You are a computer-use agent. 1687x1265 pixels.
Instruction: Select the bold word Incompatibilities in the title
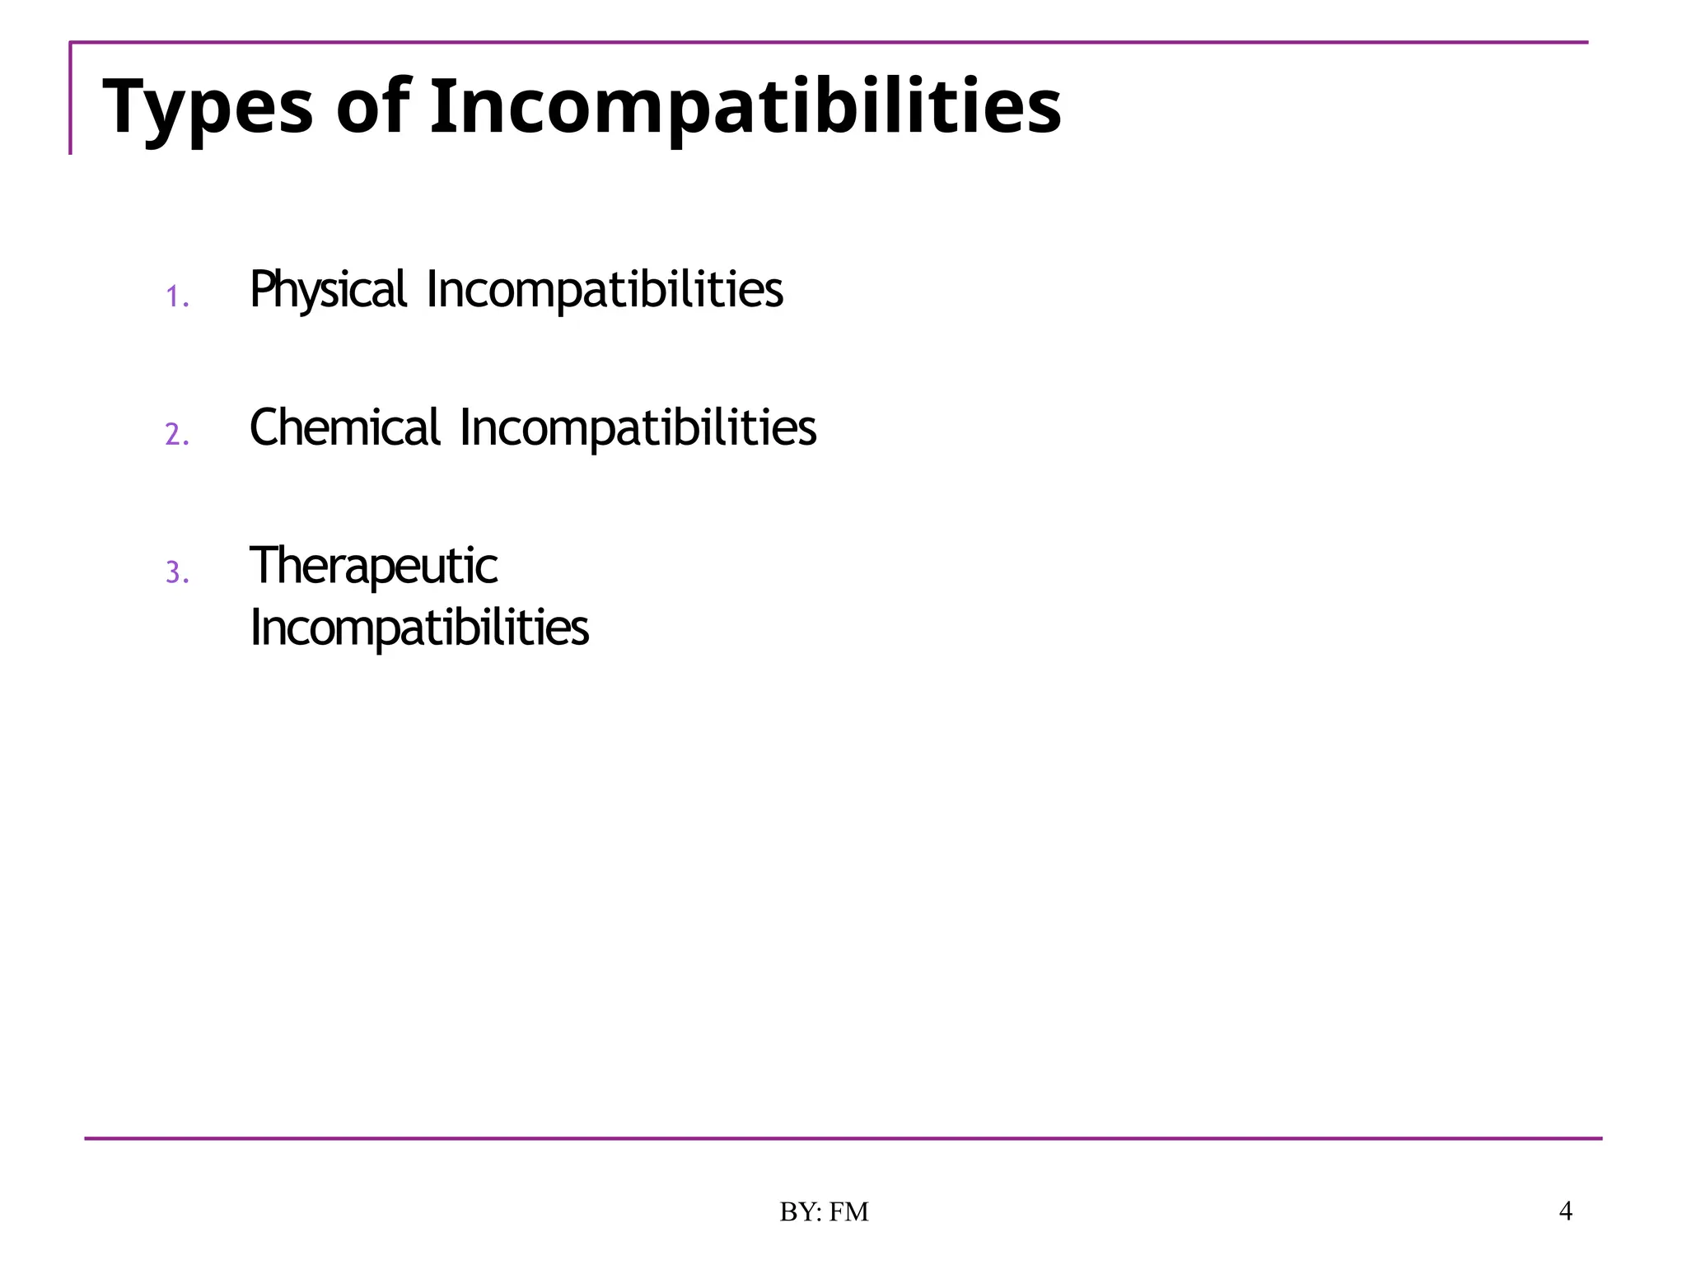[x=745, y=107]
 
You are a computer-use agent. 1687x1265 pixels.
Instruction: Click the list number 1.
[x=176, y=296]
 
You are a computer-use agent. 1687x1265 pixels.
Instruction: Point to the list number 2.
[x=176, y=434]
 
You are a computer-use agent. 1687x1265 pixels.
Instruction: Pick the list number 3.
[x=176, y=572]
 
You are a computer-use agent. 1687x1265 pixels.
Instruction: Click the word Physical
[x=328, y=290]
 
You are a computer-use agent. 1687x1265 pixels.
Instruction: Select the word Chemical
[x=344, y=428]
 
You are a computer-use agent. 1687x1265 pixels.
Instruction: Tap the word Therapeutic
[x=373, y=567]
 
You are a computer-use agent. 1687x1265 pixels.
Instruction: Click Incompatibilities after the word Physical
[x=605, y=290]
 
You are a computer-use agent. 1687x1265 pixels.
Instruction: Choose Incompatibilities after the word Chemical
[x=638, y=428]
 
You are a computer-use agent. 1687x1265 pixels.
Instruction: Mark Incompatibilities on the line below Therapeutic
[x=419, y=628]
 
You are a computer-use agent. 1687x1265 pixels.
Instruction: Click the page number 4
[x=1566, y=1211]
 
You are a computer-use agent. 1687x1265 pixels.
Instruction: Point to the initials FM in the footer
[x=848, y=1212]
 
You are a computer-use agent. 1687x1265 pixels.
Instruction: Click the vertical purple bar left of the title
[x=71, y=99]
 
